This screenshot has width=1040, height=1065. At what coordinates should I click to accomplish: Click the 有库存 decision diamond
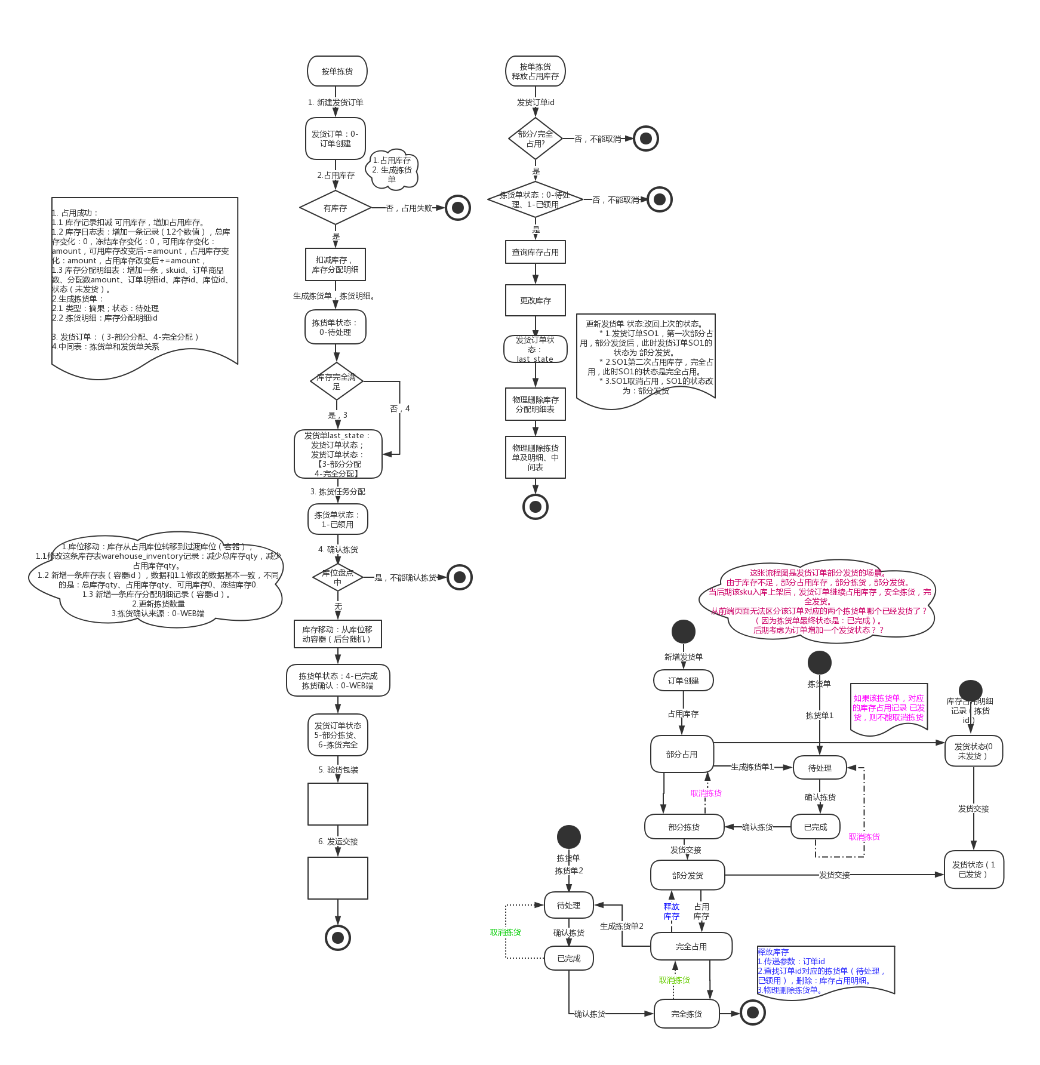tap(336, 208)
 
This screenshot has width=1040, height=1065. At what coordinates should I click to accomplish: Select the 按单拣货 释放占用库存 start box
tap(535, 72)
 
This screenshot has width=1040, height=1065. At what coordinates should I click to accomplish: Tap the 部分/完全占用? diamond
tap(535, 138)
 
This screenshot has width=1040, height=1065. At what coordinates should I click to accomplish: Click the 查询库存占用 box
tap(535, 253)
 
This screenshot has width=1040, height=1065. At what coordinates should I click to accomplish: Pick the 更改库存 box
tap(535, 300)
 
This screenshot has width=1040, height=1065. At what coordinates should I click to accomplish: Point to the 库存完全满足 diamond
tap(337, 381)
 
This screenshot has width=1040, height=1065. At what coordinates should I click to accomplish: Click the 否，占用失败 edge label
tap(409, 208)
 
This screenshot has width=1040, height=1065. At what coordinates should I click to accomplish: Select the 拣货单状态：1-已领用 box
tap(337, 519)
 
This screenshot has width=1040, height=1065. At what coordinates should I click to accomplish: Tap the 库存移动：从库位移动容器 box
tap(337, 634)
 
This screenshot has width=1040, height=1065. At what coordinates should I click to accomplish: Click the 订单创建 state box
tap(683, 681)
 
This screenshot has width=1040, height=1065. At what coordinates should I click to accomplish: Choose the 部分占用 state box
tap(682, 754)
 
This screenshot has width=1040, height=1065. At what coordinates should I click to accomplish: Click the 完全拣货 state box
tap(687, 1014)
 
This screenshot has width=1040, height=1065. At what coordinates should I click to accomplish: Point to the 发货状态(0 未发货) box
tap(973, 751)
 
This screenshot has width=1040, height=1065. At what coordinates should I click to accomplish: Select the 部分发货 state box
tap(687, 875)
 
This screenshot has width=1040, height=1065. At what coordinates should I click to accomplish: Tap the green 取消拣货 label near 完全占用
tap(675, 980)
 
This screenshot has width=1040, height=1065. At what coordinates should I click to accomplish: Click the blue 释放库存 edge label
tap(672, 911)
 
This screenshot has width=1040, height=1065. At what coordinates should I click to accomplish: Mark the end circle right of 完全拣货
tap(753, 1012)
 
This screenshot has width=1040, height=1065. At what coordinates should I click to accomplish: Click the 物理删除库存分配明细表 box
tap(535, 404)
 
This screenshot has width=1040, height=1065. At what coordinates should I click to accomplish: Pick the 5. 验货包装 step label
tap(338, 769)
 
